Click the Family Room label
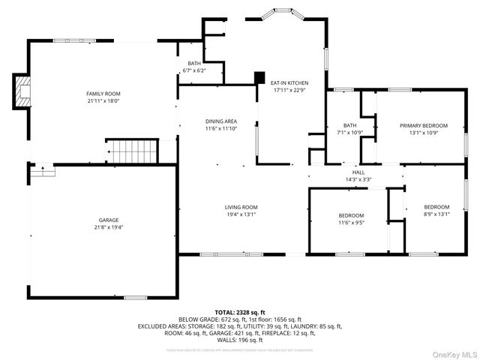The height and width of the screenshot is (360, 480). coord(103,93)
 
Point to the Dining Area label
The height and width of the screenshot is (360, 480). coord(221,121)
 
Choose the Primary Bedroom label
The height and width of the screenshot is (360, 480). coord(423,125)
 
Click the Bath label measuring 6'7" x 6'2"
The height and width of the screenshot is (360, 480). coord(193,64)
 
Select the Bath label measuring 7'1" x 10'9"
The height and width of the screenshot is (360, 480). coord(349,125)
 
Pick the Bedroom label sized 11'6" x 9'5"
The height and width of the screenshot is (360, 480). coord(350,215)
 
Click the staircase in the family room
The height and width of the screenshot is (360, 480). coord(132,151)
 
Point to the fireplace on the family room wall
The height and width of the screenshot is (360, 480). coord(22,90)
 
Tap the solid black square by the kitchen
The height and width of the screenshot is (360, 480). coord(260,77)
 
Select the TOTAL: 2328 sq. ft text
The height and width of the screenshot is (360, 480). coord(240,311)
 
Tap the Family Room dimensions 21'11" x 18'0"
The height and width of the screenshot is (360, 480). coord(103,100)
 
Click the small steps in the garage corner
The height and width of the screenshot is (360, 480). coord(43,171)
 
